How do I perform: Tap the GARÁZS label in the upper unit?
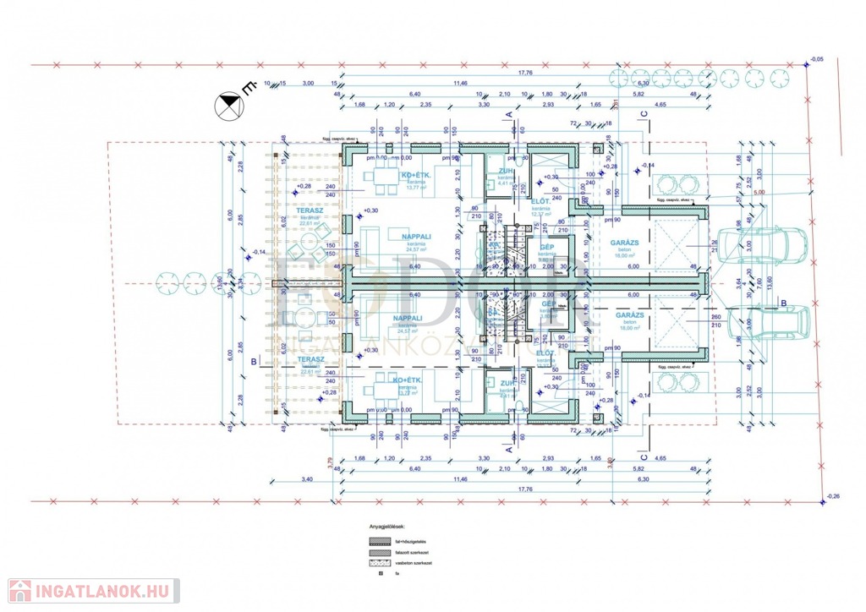click(x=628, y=243)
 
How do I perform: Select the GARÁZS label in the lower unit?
click(x=628, y=314)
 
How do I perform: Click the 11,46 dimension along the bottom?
click(x=460, y=478)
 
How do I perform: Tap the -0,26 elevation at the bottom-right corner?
click(x=834, y=496)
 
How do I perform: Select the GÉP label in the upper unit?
click(x=547, y=246)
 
